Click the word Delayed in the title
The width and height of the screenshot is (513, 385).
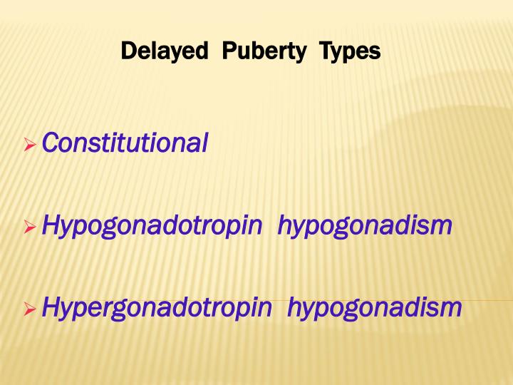pyautogui.click(x=164, y=51)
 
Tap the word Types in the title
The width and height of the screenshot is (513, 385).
pyautogui.click(x=350, y=51)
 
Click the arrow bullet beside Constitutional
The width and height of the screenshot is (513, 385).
pyautogui.click(x=29, y=145)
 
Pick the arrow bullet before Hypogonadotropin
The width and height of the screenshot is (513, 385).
pyautogui.click(x=29, y=228)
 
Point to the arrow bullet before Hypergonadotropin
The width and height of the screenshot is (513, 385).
pyautogui.click(x=29, y=309)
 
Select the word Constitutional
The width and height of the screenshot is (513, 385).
pyautogui.click(x=125, y=143)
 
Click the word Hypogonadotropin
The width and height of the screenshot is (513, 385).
pyautogui.click(x=153, y=227)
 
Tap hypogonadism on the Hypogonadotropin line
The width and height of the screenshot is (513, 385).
pyautogui.click(x=365, y=226)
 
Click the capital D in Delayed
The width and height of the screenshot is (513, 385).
pyautogui.click(x=127, y=51)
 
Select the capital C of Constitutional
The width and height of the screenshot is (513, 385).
pyautogui.click(x=49, y=143)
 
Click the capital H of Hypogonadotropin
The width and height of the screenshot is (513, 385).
pyautogui.click(x=51, y=226)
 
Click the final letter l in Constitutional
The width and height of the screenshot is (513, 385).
pyautogui.click(x=204, y=143)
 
